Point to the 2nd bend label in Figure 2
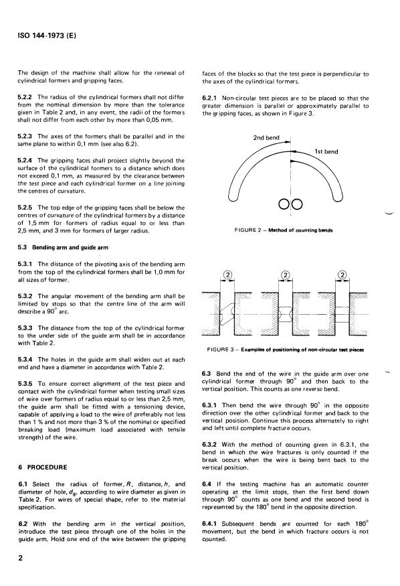267,139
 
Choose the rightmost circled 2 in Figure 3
343,274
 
